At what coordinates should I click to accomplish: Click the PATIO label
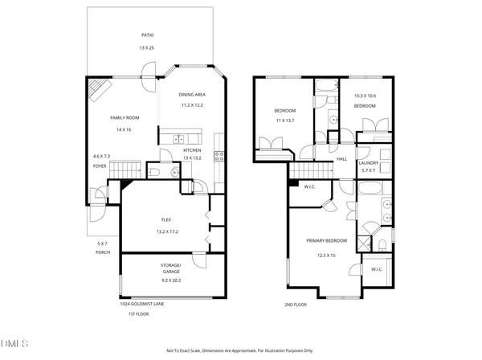tap(146, 35)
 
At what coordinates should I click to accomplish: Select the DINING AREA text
tap(192, 95)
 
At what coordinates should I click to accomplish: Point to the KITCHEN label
tap(192, 150)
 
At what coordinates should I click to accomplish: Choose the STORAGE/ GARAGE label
tap(170, 268)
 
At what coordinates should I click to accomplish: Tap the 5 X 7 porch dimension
tap(101, 243)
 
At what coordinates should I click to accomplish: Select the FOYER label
tap(100, 167)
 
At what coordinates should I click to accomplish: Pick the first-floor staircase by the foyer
tap(125, 170)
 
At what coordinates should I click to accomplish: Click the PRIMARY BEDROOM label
tap(325, 240)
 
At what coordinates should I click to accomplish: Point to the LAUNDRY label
tap(369, 162)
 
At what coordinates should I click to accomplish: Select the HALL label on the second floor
tap(341, 159)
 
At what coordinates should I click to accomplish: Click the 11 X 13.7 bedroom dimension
tap(285, 121)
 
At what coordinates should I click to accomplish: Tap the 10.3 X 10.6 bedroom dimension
tap(366, 96)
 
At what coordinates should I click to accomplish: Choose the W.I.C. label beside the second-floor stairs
tap(308, 187)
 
